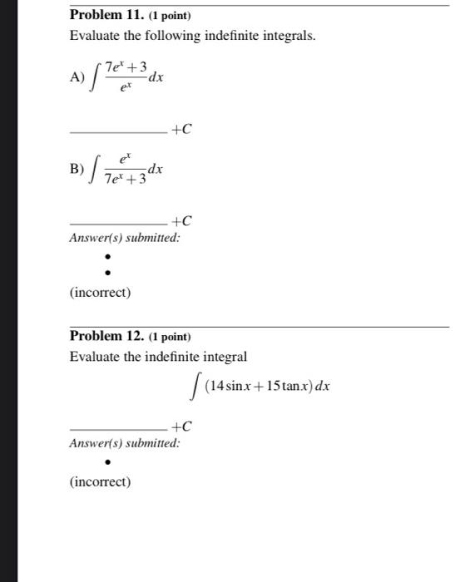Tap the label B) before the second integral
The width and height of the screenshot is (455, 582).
click(77, 169)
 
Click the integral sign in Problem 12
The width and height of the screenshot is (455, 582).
click(195, 387)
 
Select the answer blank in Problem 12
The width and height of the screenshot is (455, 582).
click(118, 429)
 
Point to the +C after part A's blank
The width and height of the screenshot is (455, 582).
click(181, 129)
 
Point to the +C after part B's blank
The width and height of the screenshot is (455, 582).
click(181, 221)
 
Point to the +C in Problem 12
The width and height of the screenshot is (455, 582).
click(181, 427)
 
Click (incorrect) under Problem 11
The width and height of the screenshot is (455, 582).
click(101, 293)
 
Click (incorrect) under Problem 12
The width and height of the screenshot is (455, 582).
click(101, 481)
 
